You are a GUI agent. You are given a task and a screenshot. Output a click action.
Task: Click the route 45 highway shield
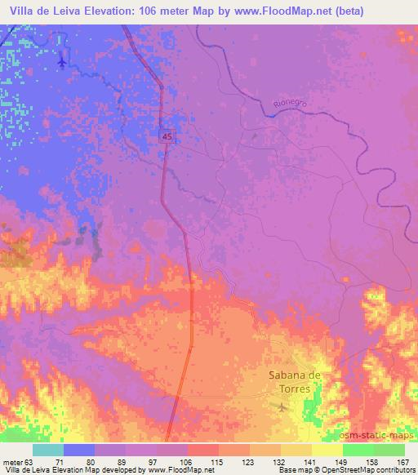coord(166,138)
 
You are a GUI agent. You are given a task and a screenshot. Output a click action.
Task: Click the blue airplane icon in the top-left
coord(64,60)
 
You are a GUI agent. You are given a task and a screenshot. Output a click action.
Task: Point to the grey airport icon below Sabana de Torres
coord(282,406)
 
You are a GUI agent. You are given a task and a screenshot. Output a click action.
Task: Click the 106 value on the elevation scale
coord(188,461)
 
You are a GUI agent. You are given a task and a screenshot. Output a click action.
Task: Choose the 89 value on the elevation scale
coord(126,461)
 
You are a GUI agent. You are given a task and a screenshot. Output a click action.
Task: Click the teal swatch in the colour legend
coord(48,450)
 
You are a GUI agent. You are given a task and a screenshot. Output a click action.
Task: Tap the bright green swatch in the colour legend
coord(358,450)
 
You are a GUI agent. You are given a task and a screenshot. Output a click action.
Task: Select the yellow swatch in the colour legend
coord(327,450)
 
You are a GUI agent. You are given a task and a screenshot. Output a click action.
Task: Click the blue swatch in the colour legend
coord(79,450)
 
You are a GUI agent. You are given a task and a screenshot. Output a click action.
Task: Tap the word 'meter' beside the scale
coord(12,461)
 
